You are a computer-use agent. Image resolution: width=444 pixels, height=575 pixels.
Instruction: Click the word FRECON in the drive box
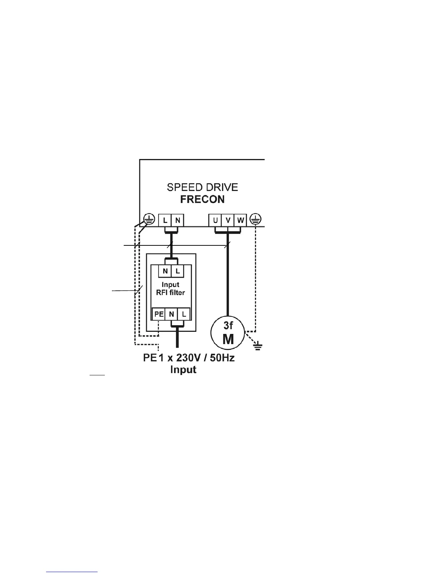203,199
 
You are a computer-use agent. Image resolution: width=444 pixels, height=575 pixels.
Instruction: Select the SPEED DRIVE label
202,187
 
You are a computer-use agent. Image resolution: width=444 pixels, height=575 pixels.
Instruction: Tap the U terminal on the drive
215,220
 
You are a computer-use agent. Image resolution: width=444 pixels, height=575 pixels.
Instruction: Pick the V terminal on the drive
228,220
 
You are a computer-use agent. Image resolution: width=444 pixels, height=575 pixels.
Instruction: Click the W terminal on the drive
240,220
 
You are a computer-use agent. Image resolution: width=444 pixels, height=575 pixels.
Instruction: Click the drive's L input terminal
165,220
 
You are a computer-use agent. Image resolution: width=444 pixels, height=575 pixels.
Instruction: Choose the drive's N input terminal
178,220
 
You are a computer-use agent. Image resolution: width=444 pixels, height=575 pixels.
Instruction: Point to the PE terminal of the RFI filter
159,314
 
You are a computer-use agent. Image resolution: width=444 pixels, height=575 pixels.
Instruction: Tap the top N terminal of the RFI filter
165,271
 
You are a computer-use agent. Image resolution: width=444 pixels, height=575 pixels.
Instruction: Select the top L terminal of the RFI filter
178,271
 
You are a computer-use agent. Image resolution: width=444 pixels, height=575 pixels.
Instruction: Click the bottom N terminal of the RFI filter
172,314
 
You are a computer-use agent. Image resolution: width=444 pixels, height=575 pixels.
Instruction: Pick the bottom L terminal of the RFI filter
184,314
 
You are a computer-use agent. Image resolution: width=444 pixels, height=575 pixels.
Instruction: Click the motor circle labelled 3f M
228,332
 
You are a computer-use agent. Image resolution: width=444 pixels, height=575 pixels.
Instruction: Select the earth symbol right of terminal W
256,219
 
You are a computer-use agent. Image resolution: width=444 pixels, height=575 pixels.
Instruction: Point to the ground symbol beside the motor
258,347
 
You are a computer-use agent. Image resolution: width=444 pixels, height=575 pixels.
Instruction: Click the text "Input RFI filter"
171,289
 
